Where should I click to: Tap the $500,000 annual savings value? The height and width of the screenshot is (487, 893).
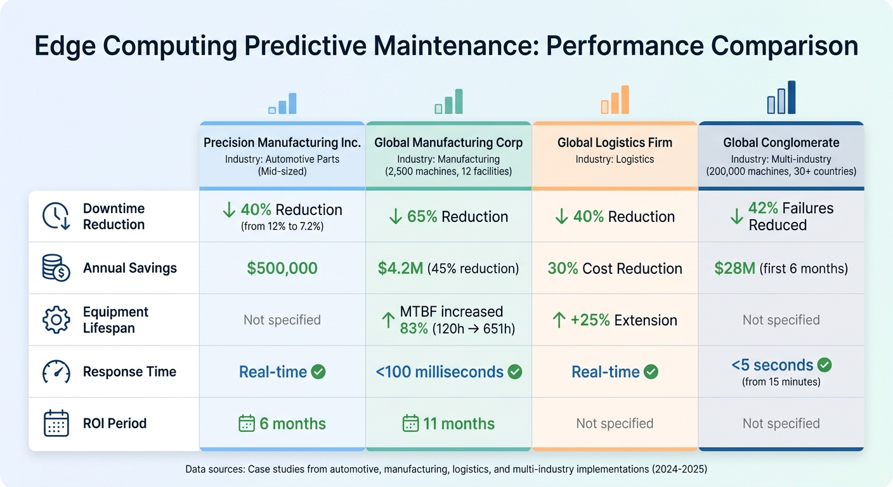(282, 268)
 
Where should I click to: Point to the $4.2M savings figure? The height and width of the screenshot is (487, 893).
(400, 268)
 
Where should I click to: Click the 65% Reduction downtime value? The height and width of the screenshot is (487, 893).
(448, 217)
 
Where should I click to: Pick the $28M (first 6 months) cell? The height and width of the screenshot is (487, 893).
(781, 268)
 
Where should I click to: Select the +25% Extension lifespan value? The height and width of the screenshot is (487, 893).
(615, 320)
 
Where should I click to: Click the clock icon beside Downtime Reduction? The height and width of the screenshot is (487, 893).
(56, 217)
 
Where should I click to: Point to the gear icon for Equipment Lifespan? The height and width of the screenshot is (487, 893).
(56, 320)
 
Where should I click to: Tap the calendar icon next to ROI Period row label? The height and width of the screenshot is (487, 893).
(56, 424)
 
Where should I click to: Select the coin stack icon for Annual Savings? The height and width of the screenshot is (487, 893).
(56, 268)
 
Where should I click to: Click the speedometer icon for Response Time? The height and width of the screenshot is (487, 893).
(56, 372)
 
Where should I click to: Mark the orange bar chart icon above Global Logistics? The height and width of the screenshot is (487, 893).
(615, 100)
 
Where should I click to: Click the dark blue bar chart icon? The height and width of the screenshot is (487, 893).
(781, 98)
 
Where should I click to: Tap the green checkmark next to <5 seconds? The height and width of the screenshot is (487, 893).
(825, 365)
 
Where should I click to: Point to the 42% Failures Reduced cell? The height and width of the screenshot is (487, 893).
(781, 217)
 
